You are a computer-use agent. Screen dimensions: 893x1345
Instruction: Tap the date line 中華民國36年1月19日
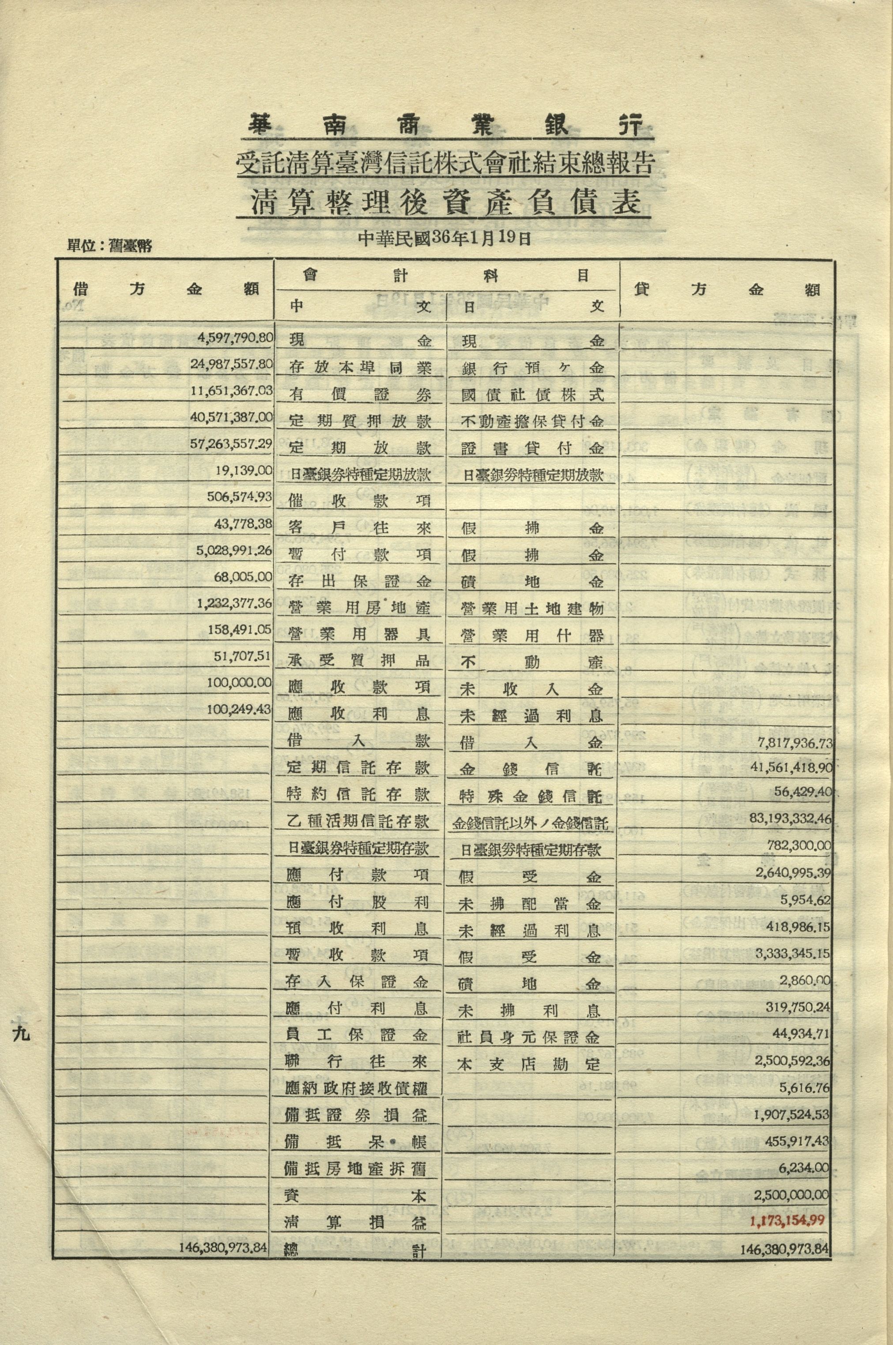(445, 238)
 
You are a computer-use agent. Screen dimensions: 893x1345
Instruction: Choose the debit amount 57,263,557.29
(231, 443)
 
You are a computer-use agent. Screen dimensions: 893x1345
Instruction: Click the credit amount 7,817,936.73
(795, 742)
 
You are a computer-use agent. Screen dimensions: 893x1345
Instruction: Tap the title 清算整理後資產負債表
(445, 203)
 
